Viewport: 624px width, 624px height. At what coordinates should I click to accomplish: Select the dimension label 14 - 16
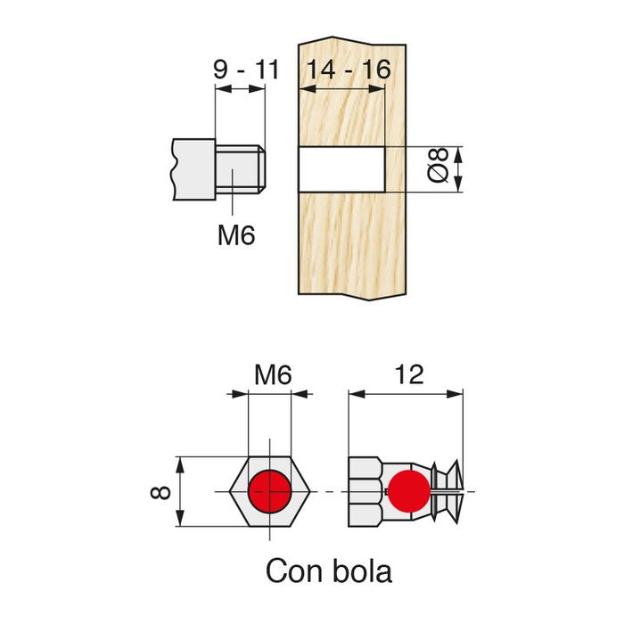347,69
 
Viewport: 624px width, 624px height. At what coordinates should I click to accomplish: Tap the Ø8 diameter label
436,169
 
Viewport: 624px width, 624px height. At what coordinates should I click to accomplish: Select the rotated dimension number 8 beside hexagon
158,492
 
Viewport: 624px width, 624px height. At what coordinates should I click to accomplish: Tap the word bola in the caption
362,570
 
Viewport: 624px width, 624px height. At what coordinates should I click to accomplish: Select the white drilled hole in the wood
341,169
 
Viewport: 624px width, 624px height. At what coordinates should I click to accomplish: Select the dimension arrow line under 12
406,393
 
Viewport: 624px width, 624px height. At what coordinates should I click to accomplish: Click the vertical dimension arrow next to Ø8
459,169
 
